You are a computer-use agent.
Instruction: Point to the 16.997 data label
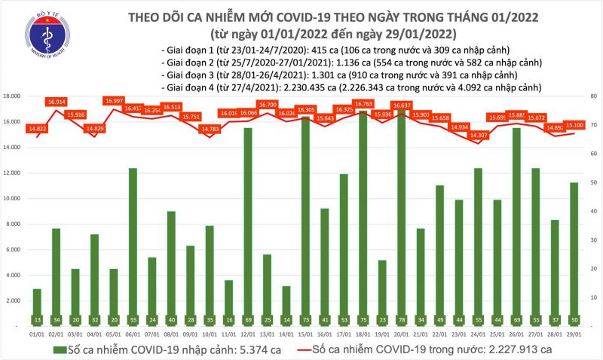coord(115,101)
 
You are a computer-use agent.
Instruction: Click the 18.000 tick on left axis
coord(11,96)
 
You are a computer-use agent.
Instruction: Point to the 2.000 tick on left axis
coord(12,301)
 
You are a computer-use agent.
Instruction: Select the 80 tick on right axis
coord(594,96)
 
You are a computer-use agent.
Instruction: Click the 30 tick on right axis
coord(594,240)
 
